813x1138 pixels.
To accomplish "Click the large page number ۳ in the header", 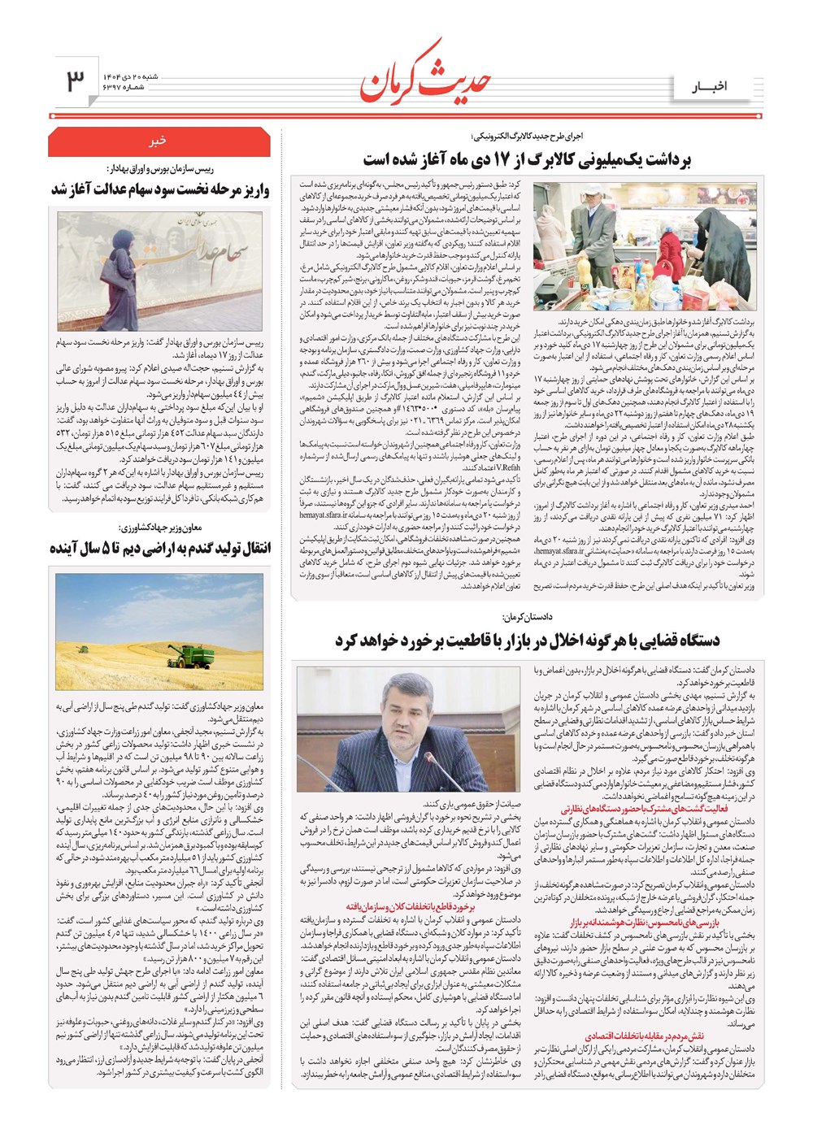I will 75,80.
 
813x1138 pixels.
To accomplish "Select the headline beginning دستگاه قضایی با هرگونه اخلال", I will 527,641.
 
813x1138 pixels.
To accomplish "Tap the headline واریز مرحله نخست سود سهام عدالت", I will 159,190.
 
